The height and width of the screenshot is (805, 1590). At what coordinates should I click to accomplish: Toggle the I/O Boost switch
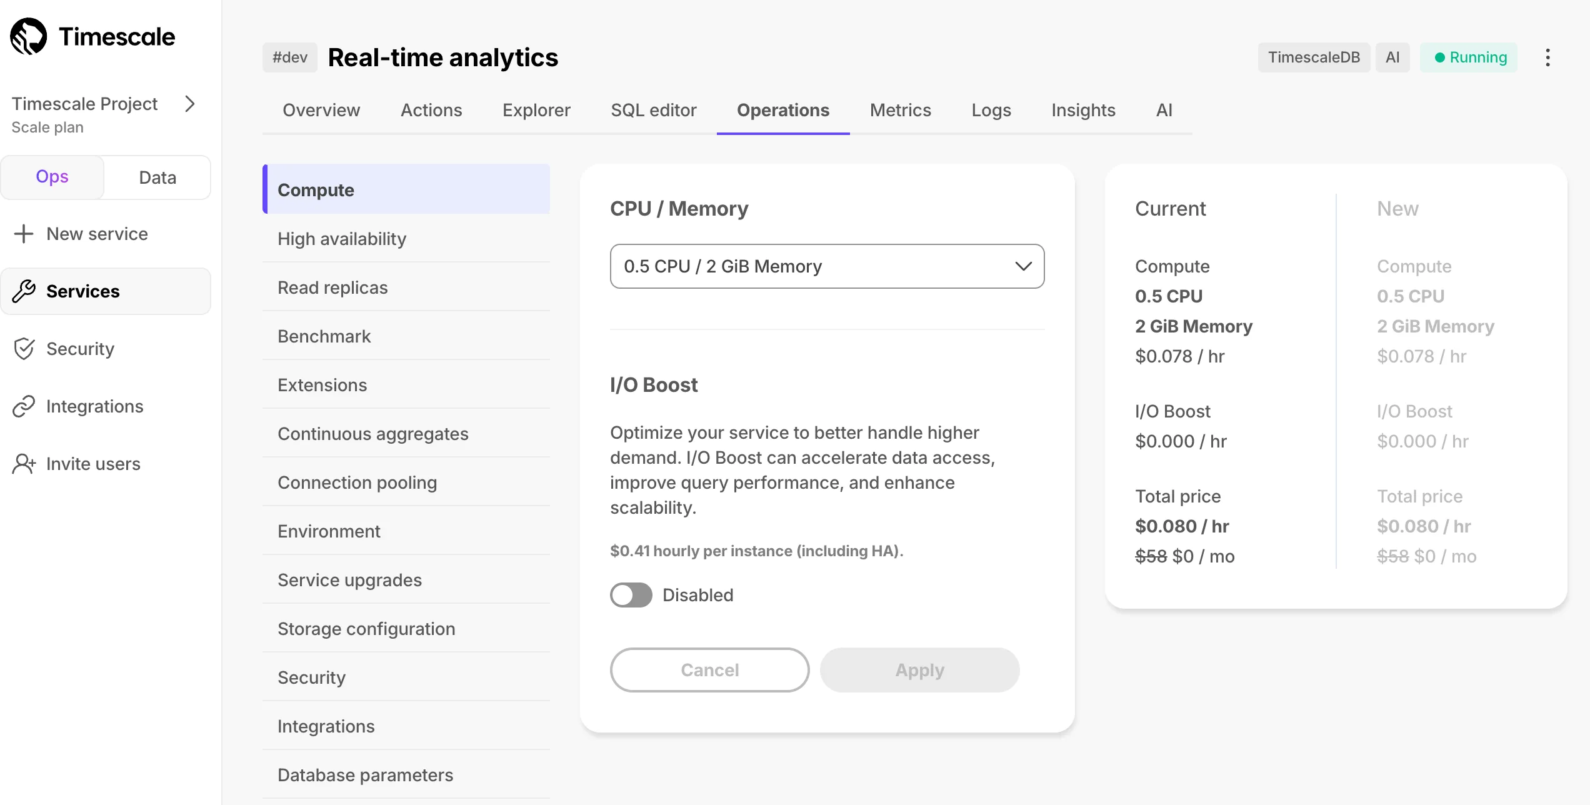point(631,595)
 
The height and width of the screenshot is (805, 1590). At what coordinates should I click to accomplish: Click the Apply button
point(919,670)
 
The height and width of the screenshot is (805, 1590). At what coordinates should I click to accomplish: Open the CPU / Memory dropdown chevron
point(1023,266)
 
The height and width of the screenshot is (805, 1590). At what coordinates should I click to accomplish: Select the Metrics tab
point(900,110)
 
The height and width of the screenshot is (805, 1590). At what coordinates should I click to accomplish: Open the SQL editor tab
point(653,110)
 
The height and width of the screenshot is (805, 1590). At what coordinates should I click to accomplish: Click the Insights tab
point(1083,110)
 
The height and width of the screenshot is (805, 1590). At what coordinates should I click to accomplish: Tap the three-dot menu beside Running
point(1547,57)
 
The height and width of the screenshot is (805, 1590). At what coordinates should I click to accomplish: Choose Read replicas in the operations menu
point(332,287)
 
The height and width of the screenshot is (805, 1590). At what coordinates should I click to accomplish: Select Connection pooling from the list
point(357,482)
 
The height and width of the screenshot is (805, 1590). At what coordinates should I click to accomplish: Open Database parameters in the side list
point(365,775)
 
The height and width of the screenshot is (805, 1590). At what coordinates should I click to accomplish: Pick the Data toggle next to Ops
point(157,177)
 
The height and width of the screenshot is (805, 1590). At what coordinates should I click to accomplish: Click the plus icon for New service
point(24,234)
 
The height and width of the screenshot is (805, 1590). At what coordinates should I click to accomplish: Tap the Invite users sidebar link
point(93,464)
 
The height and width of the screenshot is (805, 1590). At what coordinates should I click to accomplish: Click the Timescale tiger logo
point(29,36)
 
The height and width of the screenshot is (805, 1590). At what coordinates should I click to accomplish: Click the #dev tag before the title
point(290,57)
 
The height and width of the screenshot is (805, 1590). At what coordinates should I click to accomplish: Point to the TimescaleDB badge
point(1314,57)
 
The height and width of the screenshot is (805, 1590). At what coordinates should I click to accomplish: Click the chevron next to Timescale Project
point(190,104)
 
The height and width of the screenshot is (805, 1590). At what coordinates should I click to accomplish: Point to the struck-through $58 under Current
point(1151,556)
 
